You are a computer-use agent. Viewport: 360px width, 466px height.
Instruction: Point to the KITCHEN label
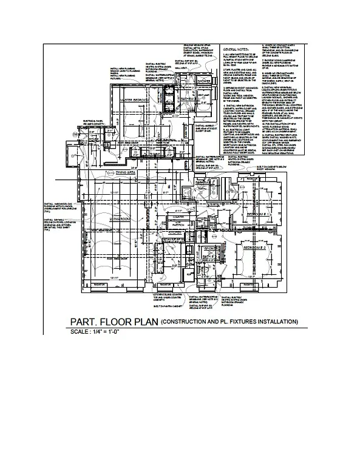[x=175, y=232]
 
